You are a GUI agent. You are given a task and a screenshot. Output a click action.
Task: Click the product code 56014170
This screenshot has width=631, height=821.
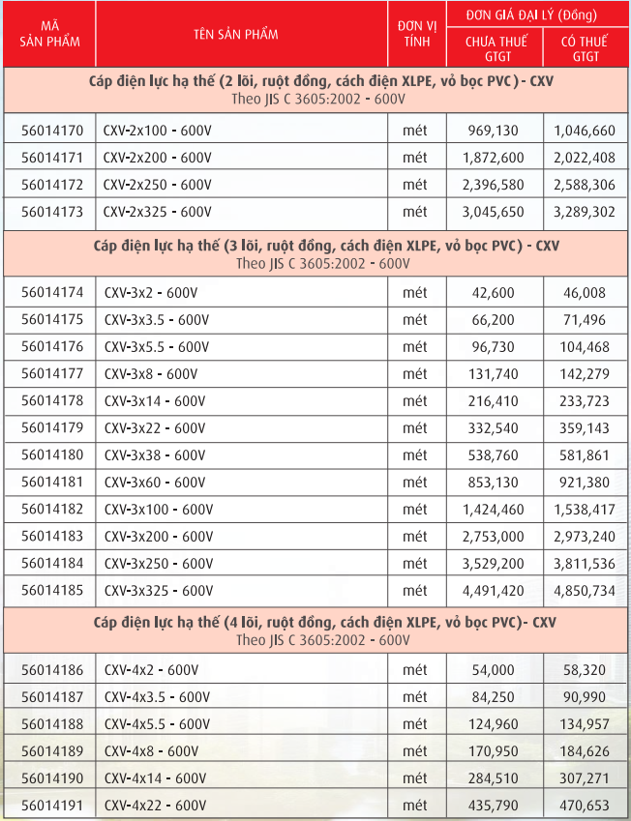[52, 131]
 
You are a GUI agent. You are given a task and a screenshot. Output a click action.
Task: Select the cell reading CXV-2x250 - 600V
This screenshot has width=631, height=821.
[158, 185]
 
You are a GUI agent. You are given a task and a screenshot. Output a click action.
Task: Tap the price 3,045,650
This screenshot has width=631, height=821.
[493, 212]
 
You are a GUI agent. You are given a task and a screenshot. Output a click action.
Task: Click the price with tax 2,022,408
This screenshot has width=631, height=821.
[585, 158]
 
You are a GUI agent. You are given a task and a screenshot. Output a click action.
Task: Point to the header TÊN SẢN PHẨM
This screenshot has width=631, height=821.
[235, 35]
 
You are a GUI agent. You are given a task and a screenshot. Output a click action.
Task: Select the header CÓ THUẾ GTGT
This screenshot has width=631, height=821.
[585, 49]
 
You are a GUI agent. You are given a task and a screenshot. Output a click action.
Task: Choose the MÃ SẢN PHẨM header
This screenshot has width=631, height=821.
[48, 35]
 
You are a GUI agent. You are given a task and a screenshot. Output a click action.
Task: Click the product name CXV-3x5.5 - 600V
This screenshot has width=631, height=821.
[156, 346]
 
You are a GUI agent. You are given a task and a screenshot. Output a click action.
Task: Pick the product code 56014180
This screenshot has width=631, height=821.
[52, 454]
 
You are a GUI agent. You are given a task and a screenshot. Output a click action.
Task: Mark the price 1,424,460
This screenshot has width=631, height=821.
[493, 509]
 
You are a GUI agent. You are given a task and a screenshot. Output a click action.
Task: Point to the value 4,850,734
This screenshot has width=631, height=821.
[585, 590]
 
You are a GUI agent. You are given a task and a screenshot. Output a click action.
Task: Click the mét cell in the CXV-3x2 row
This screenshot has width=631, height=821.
[415, 292]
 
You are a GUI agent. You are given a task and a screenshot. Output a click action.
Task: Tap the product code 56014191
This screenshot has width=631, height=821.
[52, 805]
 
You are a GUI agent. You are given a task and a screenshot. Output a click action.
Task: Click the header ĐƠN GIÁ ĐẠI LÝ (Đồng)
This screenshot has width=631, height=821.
[537, 15]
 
